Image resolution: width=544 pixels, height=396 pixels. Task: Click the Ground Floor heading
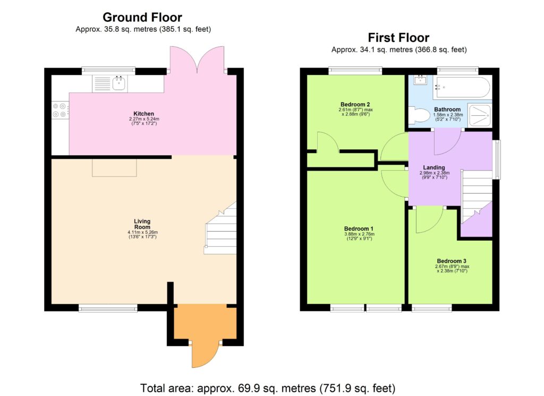pyautogui.click(x=142, y=18)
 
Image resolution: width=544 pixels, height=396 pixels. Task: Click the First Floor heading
pyautogui.click(x=398, y=38)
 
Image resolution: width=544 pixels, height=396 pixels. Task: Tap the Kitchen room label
pyautogui.click(x=144, y=114)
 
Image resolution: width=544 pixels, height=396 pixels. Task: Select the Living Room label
pyautogui.click(x=142, y=224)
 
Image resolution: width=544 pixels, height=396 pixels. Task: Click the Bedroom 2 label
pyautogui.click(x=354, y=104)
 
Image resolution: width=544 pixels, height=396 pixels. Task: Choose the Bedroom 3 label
pyautogui.click(x=452, y=261)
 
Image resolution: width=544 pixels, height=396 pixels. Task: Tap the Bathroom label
pyautogui.click(x=447, y=109)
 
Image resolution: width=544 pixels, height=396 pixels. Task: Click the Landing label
pyautogui.click(x=433, y=168)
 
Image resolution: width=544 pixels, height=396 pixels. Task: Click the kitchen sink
pyautogui.click(x=110, y=83)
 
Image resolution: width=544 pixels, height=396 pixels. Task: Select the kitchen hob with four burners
pyautogui.click(x=59, y=109)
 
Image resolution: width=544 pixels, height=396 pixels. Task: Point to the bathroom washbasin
pyautogui.click(x=420, y=81)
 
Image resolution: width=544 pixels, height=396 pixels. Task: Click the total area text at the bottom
pyautogui.click(x=268, y=387)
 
